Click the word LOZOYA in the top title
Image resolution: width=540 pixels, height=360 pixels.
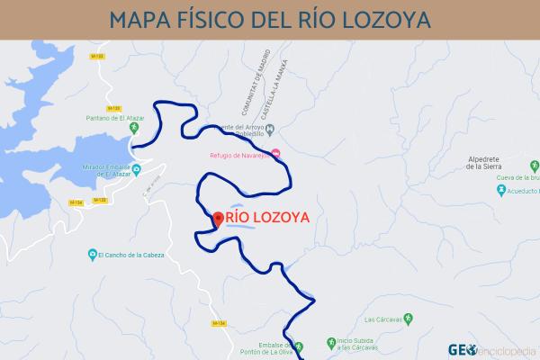pos(382,19)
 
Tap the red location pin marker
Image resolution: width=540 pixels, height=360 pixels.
pos(217,219)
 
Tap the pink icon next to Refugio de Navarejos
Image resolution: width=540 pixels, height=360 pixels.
pos(276,152)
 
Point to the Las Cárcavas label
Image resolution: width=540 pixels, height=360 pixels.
pos(382,319)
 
